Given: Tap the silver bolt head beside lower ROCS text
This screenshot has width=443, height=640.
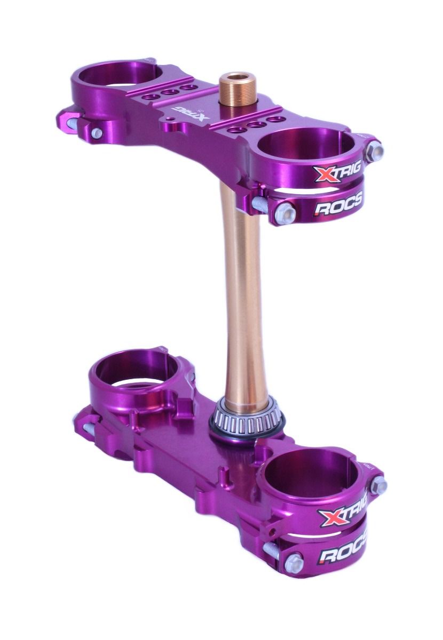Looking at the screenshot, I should coord(294,562).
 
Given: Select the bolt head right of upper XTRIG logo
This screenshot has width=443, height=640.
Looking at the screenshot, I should coord(374,150).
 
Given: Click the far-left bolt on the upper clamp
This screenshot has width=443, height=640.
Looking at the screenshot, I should coord(97,132).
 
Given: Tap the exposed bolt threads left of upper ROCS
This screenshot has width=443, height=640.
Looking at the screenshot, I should coord(260,203).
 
